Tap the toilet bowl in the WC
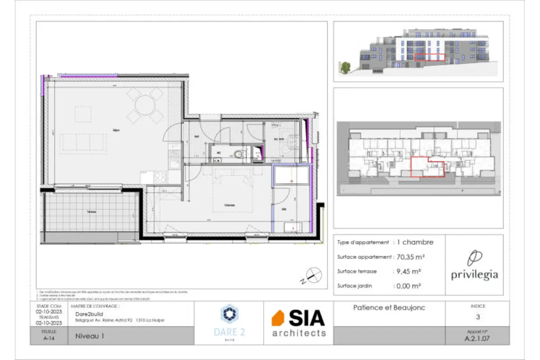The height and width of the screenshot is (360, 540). (x=239, y=155)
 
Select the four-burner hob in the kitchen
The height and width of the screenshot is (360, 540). (x=160, y=177)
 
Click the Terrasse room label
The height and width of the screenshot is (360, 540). (x=92, y=211)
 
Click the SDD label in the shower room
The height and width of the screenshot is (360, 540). (x=283, y=209)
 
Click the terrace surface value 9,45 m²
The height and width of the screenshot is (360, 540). (x=408, y=271)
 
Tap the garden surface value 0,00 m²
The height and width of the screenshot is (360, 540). (x=409, y=286)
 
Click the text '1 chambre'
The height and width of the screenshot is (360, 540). (x=415, y=242)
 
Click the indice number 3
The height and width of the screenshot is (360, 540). (x=477, y=317)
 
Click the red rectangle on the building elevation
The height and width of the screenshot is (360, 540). (x=429, y=57)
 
